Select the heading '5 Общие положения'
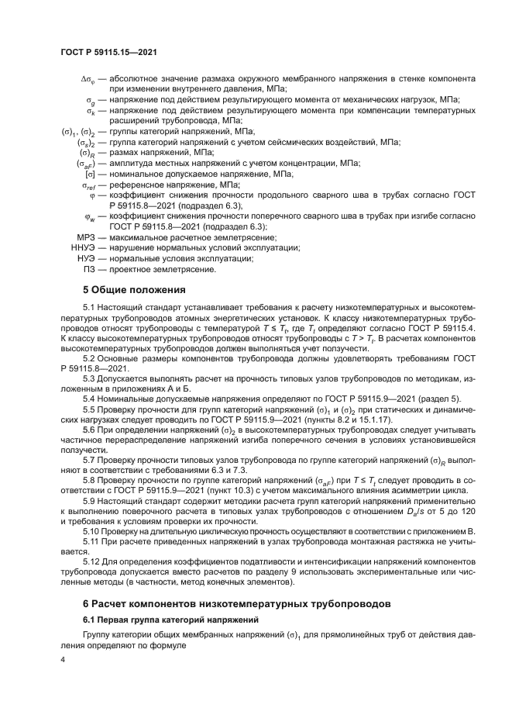coord(134,290)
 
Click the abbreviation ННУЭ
coord(82,247)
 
